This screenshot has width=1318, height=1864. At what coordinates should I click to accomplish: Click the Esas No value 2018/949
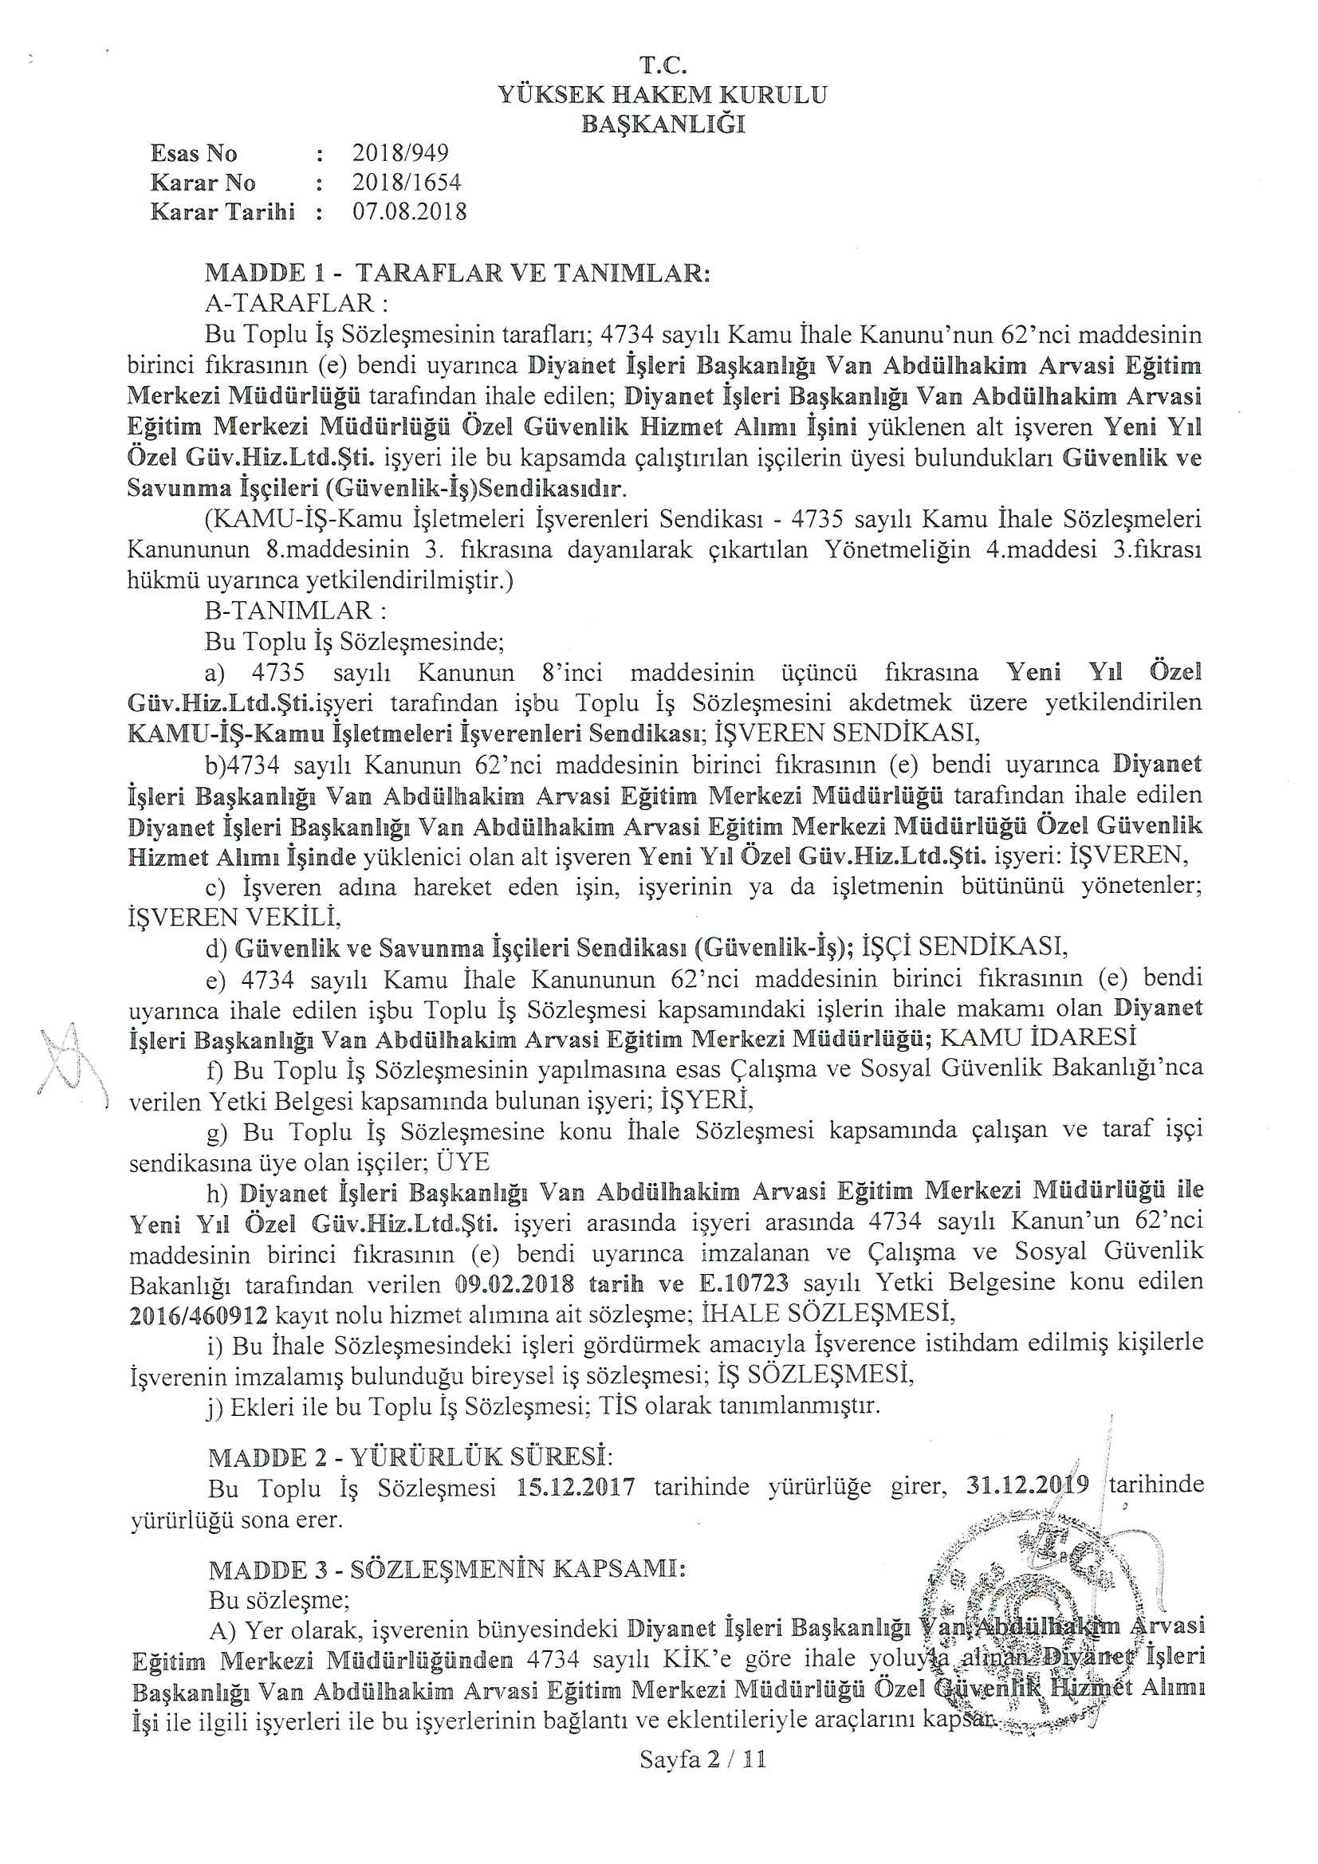[400, 153]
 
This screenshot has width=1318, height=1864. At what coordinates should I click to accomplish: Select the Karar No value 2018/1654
[407, 183]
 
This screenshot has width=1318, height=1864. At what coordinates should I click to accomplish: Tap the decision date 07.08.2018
[409, 212]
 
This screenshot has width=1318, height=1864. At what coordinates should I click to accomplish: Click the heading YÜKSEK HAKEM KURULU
[663, 96]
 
